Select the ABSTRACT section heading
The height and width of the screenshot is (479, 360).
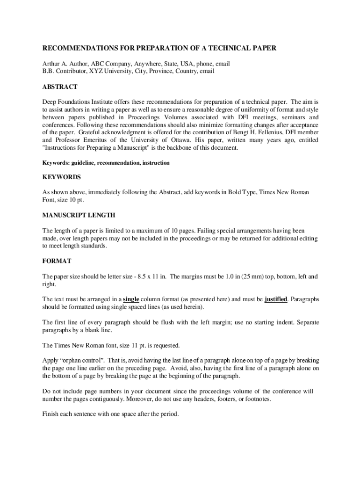[x=60, y=87]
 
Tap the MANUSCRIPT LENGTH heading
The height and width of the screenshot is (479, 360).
[x=79, y=215]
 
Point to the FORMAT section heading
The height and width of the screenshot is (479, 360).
[x=57, y=261]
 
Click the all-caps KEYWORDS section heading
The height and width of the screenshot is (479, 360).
[x=62, y=177]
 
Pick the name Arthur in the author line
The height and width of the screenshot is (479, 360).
[x=51, y=63]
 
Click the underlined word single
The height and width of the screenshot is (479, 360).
[x=131, y=299]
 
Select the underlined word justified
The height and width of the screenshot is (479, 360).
[x=276, y=299]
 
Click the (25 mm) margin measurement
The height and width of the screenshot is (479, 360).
[x=253, y=276]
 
